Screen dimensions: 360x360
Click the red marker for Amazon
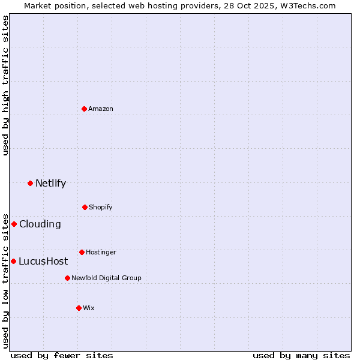click(85, 109)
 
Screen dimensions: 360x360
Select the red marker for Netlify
click(30, 183)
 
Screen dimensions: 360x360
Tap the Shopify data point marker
click(85, 207)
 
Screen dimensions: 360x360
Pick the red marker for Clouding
click(14, 224)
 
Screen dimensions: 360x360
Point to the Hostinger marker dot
click(82, 252)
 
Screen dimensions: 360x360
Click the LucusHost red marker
click(13, 261)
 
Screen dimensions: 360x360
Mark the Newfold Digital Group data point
click(67, 278)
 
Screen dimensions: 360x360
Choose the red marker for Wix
click(79, 308)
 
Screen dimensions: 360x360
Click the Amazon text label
click(101, 109)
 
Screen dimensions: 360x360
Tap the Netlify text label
click(50, 184)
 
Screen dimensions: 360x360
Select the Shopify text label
click(101, 207)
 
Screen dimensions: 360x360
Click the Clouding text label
click(40, 224)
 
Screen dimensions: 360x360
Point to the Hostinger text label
click(101, 252)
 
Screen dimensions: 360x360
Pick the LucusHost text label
click(43, 262)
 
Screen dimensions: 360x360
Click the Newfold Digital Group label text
click(106, 278)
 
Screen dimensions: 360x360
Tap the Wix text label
click(89, 308)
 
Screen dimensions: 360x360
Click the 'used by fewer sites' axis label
click(62, 355)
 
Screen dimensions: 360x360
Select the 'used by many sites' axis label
click(301, 355)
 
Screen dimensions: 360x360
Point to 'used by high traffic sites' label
click(5, 85)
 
